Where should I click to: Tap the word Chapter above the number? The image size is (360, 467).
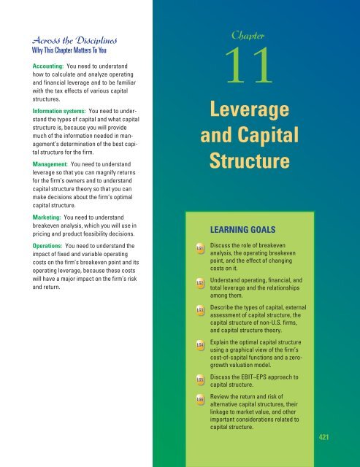251,33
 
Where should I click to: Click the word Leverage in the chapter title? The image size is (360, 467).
252,112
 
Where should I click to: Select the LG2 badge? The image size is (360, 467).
200,281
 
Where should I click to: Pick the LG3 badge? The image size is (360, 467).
200,311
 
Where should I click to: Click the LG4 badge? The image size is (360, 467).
200,344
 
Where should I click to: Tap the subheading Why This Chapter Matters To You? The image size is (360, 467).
66,52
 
